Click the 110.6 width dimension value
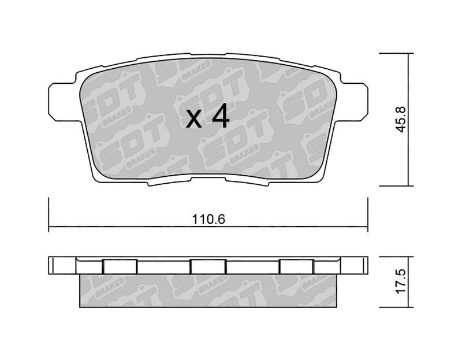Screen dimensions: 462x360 [208, 219]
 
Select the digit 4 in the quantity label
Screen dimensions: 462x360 [221, 116]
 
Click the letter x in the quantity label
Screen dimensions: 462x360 [195, 119]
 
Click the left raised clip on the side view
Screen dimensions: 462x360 [120, 266]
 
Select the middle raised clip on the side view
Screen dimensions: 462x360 [208, 266]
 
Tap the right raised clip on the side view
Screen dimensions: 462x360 [296, 266]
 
